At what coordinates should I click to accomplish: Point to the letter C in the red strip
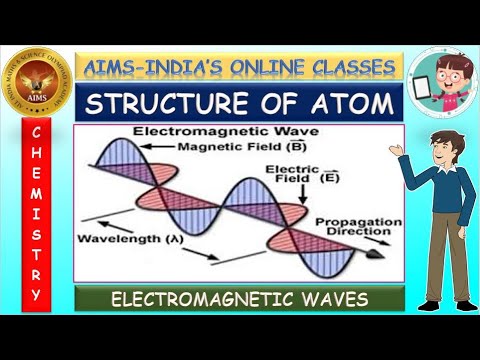(x=36, y=133)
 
